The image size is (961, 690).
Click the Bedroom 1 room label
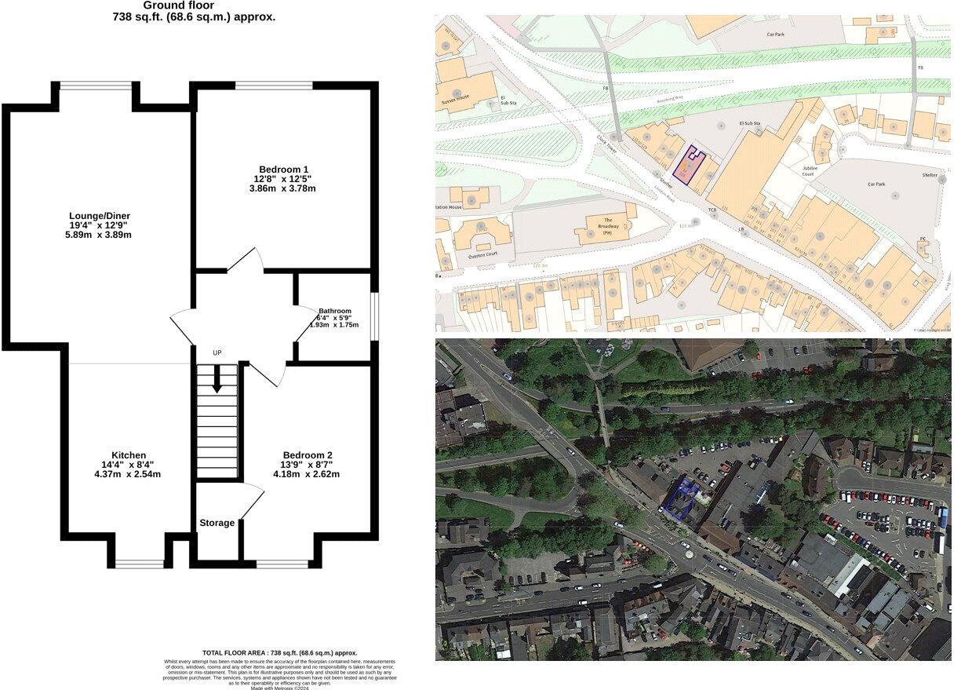coord(283,169)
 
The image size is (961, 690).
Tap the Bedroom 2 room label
coord(308,455)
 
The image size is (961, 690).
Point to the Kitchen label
coord(128,455)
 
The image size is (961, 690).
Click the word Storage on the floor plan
coord(217,523)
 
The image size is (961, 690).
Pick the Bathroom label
coord(335,311)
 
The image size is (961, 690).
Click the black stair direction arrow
coord(217,381)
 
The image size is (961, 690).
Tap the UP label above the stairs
coord(217,353)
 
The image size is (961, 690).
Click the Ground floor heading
coord(178,5)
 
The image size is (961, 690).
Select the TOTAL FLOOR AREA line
coord(279,653)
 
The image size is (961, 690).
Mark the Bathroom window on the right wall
coord(374,317)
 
